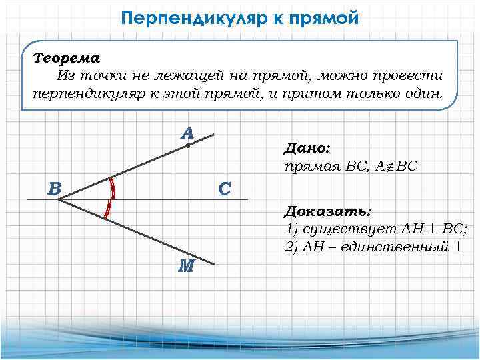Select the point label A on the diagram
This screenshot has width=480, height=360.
[187, 133]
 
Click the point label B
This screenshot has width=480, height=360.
[55, 189]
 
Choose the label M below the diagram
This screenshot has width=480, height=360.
[187, 267]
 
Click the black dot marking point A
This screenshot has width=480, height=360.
[189, 145]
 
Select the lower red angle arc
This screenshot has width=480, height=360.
[107, 209]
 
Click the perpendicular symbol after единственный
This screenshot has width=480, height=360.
[458, 247]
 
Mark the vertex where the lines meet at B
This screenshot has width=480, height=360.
[60, 199]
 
